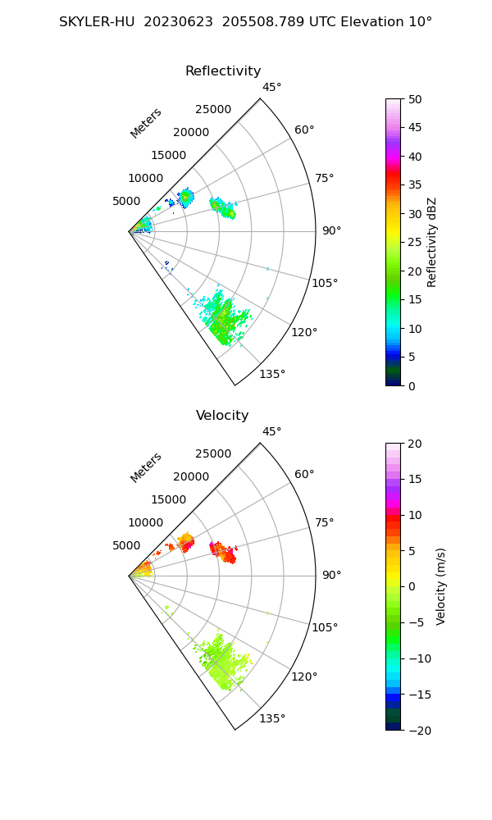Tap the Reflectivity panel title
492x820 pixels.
pyautogui.click(x=223, y=71)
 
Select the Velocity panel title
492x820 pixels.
pyautogui.click(x=222, y=416)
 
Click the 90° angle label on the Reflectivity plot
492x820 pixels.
pyautogui.click(x=331, y=231)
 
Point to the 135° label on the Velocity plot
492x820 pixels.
pyautogui.click(x=272, y=719)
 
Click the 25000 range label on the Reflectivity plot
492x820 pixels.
pyautogui.click(x=213, y=110)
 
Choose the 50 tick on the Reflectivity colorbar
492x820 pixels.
pyautogui.click(x=415, y=99)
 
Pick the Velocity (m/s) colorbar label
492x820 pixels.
pyautogui.click(x=440, y=586)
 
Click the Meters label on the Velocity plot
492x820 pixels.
pyautogui.click(x=146, y=467)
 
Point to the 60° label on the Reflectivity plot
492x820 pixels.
pyautogui.click(x=305, y=130)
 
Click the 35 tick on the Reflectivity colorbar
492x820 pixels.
pyautogui.click(x=415, y=185)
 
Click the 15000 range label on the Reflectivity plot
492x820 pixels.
pyautogui.click(x=170, y=155)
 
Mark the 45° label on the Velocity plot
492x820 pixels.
pyautogui.click(x=272, y=431)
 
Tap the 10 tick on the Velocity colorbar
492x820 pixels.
pyautogui.click(x=415, y=515)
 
